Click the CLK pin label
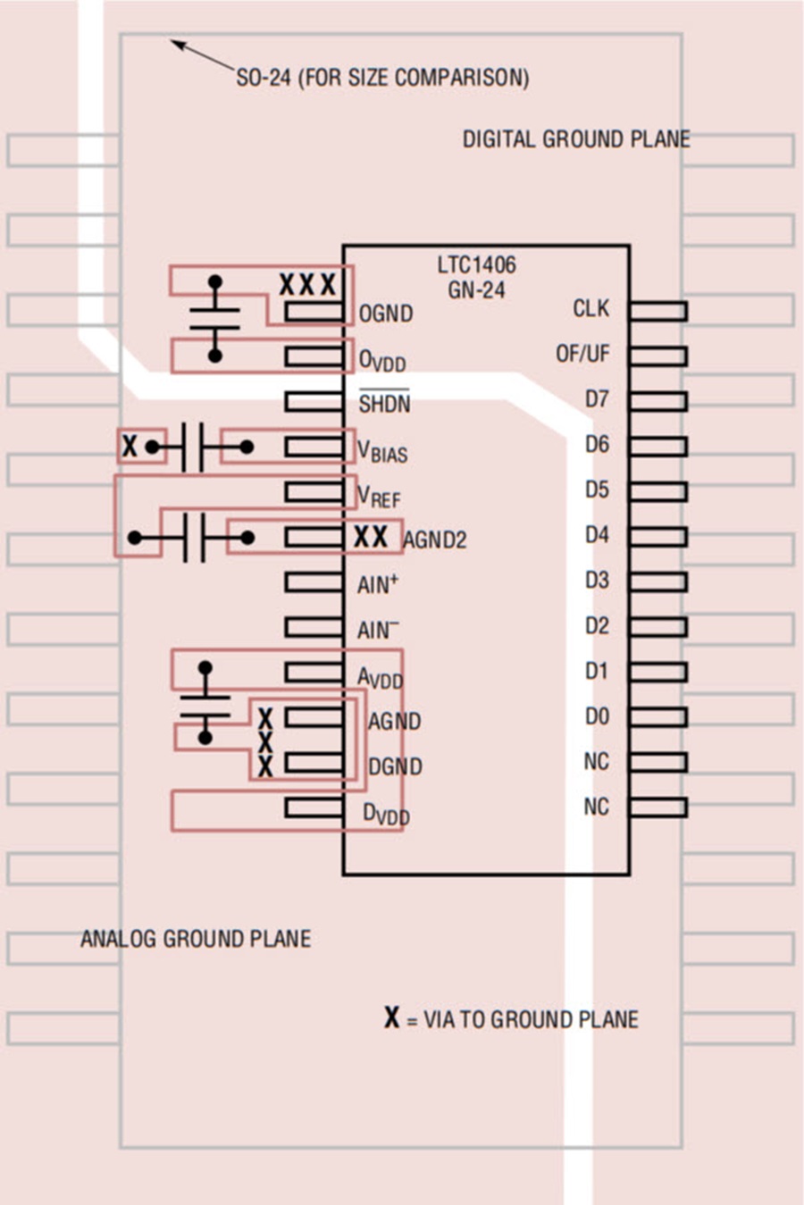point(590,308)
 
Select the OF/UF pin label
point(582,354)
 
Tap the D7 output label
point(598,399)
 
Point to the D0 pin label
point(598,716)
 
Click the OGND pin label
point(386,314)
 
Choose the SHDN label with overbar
point(384,401)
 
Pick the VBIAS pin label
point(382,450)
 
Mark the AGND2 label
point(435,540)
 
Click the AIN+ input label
point(378,583)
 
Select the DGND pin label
point(395,766)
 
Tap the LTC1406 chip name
point(477,264)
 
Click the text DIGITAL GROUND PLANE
point(576,139)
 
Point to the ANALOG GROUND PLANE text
point(196,939)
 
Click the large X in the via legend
point(392,1017)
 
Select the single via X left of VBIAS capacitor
point(130,446)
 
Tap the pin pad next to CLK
point(658,312)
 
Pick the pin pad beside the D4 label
point(658,537)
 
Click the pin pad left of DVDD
point(314,808)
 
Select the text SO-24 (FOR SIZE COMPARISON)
point(382,78)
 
